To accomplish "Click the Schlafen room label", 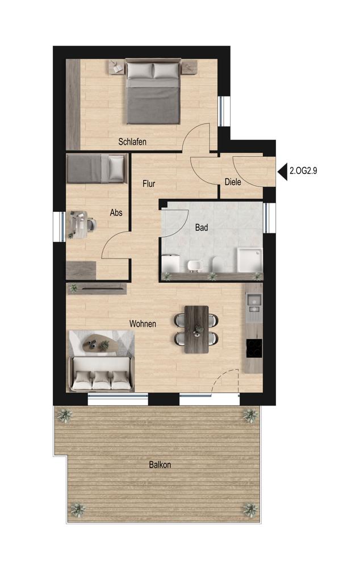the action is [132, 141].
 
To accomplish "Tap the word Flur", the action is [149, 183].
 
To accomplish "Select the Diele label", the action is [233, 182].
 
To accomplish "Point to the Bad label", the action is [202, 228].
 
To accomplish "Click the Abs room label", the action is [116, 212].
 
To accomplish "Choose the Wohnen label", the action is [143, 324].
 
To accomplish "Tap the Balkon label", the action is [160, 465].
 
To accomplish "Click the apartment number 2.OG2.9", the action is [303, 170].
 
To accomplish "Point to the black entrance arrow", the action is [282, 170].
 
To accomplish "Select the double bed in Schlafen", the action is [153, 93].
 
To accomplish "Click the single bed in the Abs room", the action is [97, 169].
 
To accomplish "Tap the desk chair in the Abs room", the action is [90, 224].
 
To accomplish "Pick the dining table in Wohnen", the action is [196, 329].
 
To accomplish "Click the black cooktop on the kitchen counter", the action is [254, 348].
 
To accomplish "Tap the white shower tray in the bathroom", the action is [249, 260].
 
